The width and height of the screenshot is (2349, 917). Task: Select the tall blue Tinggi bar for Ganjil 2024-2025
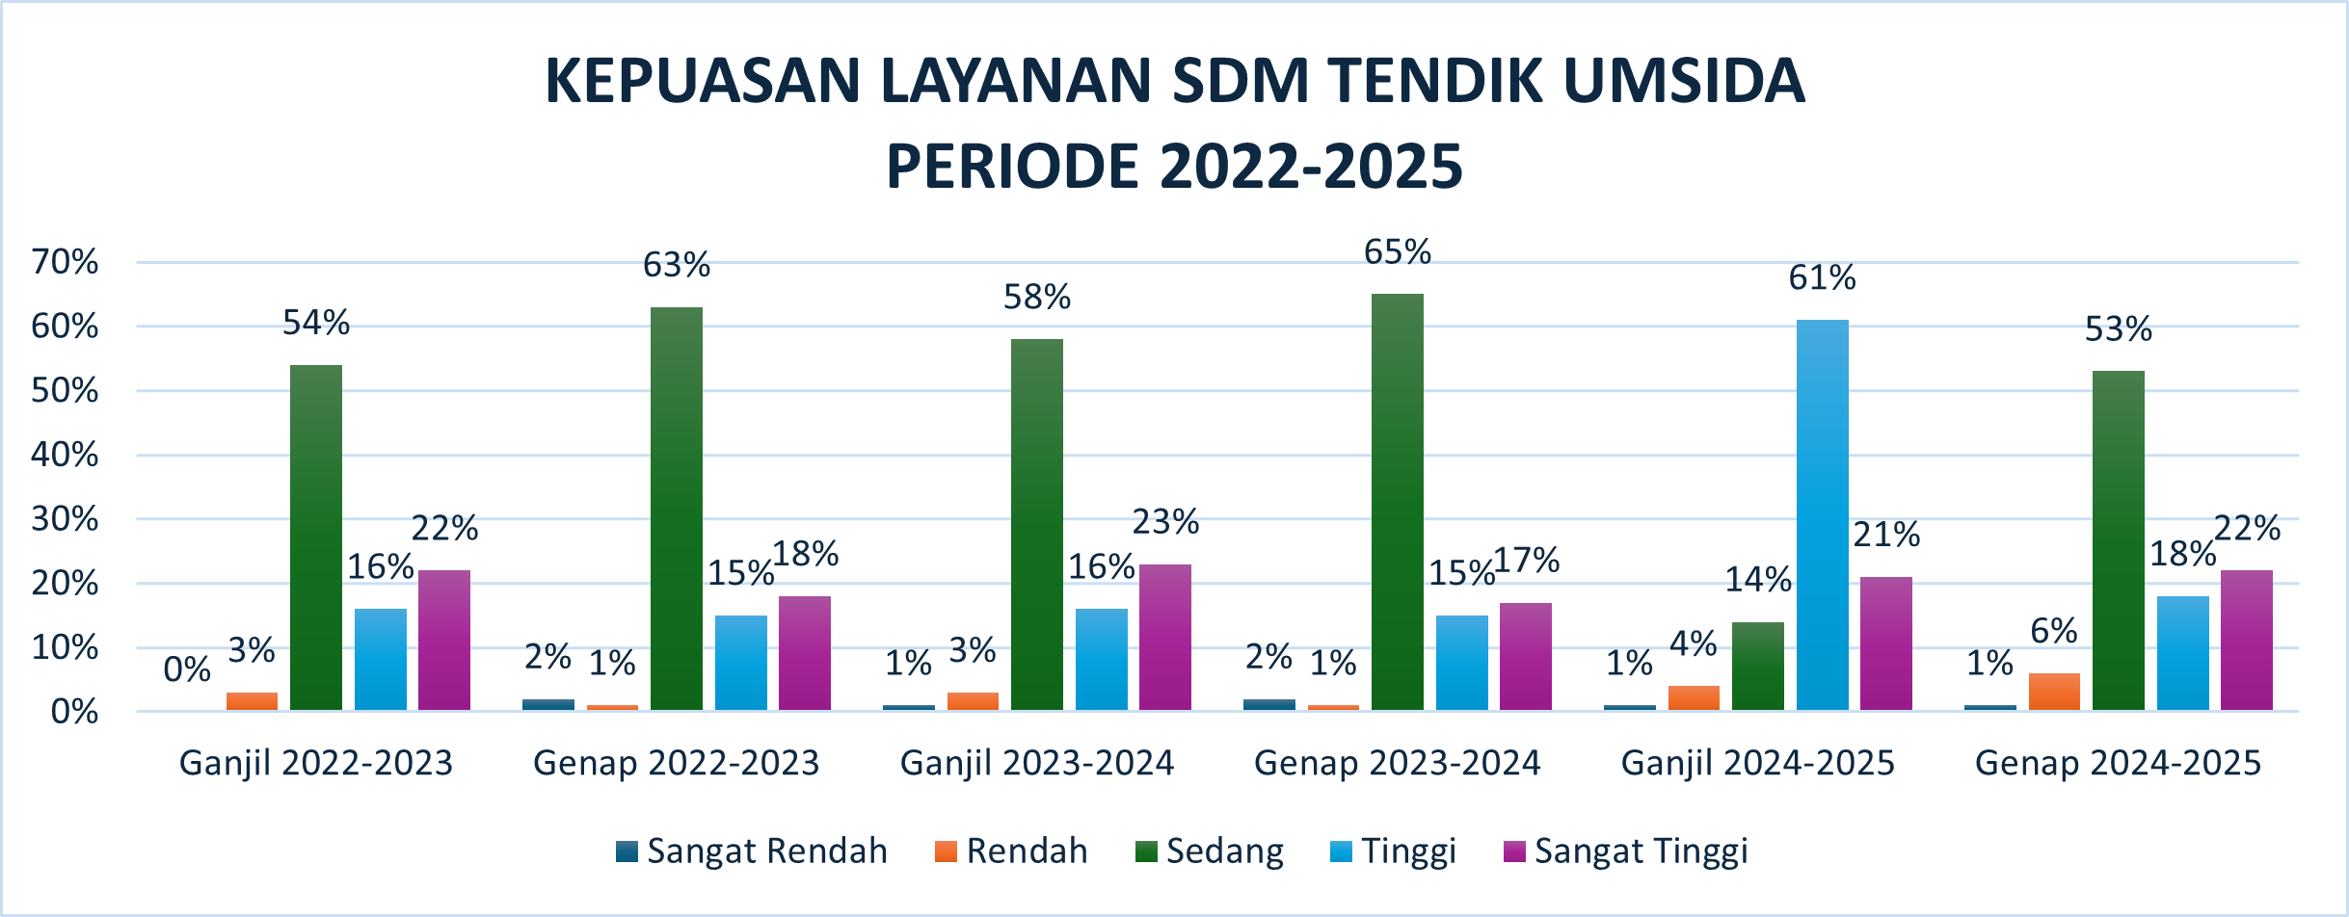(1823, 515)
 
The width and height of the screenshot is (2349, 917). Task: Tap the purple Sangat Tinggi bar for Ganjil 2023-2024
(1165, 638)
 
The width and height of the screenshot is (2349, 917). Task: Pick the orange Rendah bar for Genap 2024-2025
(2054, 692)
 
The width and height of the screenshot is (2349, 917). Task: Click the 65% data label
(1397, 252)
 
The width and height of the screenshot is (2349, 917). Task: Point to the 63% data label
(677, 265)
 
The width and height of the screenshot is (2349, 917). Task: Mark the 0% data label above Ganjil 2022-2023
(187, 669)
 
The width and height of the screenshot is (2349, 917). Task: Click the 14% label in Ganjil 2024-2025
(1758, 580)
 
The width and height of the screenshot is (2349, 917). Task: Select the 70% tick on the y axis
(65, 262)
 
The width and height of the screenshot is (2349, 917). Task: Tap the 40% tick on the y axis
(65, 455)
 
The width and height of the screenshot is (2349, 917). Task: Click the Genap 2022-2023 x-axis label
(676, 763)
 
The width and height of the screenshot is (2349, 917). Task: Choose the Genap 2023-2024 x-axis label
(1397, 763)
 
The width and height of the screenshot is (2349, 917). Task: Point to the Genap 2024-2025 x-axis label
(2118, 763)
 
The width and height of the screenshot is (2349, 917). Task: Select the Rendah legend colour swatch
(946, 851)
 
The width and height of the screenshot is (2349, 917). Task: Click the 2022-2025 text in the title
(1312, 167)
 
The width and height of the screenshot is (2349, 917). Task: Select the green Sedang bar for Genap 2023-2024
(1398, 502)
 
